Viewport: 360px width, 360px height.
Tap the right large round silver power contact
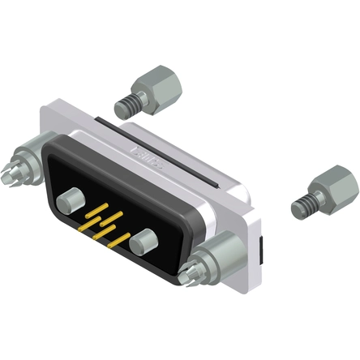pos(147,242)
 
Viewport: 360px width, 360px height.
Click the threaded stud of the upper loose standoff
pos(125,104)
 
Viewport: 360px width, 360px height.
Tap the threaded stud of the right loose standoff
pos(303,206)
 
